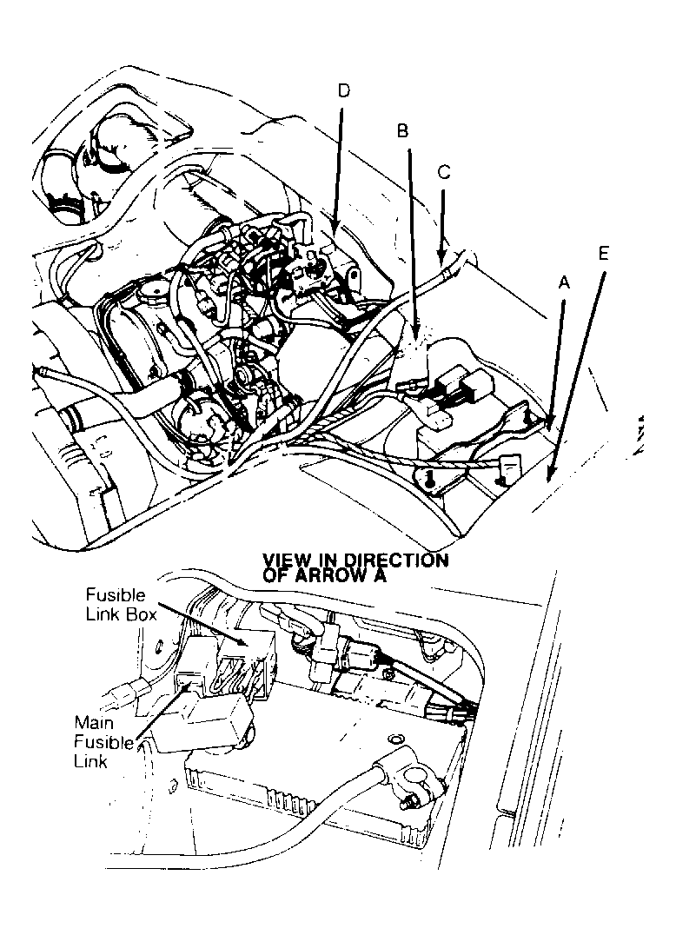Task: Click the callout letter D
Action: pos(344,90)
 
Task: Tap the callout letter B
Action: pos(402,131)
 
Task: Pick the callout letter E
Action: pos(604,254)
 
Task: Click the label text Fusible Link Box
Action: pos(121,605)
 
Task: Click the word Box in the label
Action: pos(142,614)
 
